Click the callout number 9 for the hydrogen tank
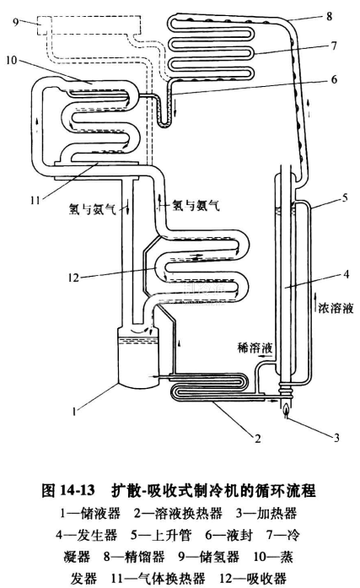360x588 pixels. click(x=16, y=22)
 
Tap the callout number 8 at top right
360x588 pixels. click(x=329, y=16)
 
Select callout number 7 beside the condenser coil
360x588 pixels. click(x=334, y=46)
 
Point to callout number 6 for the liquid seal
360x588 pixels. click(x=334, y=79)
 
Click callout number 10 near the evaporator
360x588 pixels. click(x=12, y=59)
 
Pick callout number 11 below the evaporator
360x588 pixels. click(x=35, y=200)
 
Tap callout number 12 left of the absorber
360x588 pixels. click(x=74, y=278)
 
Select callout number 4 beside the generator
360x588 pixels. click(x=347, y=274)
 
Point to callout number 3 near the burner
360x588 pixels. click(x=336, y=437)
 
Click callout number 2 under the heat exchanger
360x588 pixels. click(x=258, y=438)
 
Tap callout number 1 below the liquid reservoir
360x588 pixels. click(x=74, y=412)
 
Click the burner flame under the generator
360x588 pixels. click(x=286, y=408)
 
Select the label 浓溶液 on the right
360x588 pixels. click(x=336, y=308)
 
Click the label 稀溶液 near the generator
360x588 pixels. click(x=255, y=348)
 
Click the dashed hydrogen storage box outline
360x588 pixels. click(x=89, y=17)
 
